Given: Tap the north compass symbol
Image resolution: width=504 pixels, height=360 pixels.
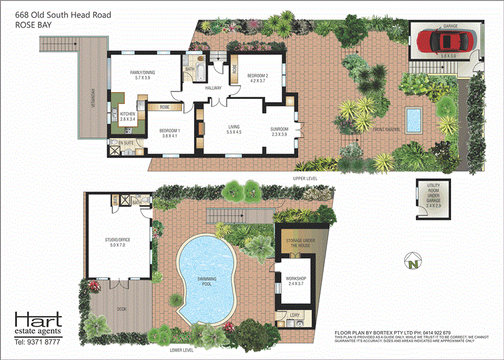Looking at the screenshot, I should point(413,260).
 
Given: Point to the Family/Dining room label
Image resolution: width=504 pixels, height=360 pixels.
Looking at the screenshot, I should point(143,73).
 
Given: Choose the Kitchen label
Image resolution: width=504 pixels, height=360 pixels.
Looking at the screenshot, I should point(128,114).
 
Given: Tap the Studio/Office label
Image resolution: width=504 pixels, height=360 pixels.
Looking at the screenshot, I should point(118,240).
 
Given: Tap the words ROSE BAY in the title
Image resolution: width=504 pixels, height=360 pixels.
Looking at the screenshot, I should point(33,25).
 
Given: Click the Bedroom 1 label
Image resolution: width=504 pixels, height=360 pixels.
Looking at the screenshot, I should point(171,131).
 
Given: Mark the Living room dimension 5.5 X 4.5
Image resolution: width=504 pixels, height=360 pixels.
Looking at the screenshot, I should point(234,133).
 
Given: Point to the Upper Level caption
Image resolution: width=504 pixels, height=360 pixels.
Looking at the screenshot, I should point(304,178).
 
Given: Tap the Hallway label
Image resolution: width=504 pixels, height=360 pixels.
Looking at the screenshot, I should point(212,88).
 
